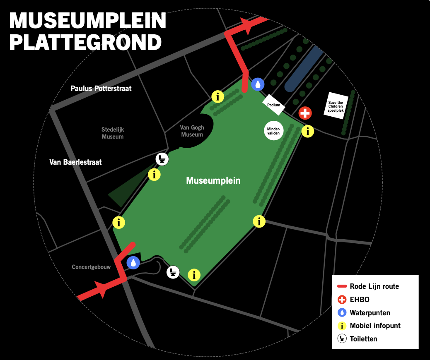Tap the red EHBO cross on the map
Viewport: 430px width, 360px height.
pyautogui.click(x=305, y=113)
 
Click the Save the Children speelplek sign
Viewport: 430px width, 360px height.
pyautogui.click(x=336, y=106)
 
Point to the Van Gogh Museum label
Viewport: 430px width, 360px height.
pyautogui.click(x=192, y=131)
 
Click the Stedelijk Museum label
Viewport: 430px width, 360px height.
pyautogui.click(x=113, y=133)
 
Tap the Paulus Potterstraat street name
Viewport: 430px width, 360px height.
pyautogui.click(x=101, y=89)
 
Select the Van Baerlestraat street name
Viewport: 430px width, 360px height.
pyautogui.click(x=75, y=162)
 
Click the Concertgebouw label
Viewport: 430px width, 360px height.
pyautogui.click(x=91, y=267)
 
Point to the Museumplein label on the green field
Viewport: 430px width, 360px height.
pyautogui.click(x=213, y=180)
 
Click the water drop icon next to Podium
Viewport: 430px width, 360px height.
pyautogui.click(x=258, y=84)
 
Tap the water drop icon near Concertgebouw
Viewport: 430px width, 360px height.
pyautogui.click(x=133, y=262)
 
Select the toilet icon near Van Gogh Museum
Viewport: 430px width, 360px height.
pyautogui.click(x=162, y=159)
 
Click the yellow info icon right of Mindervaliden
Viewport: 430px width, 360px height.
pyautogui.click(x=307, y=131)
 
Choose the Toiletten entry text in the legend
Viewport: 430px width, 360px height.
pyautogui.click(x=363, y=339)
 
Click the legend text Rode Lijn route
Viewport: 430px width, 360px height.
pyautogui.click(x=374, y=286)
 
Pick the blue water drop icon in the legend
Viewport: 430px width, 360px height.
pyautogui.click(x=341, y=313)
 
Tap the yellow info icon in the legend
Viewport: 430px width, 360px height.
pyautogui.click(x=341, y=326)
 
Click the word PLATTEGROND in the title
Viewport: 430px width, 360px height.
pyautogui.click(x=85, y=42)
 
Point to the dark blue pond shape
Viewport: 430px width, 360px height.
pyautogui.click(x=304, y=68)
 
